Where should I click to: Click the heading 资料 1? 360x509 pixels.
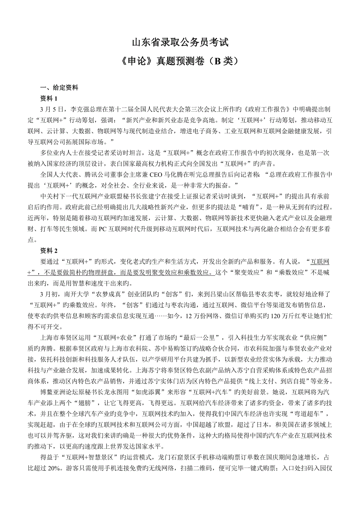pyautogui.click(x=49, y=98)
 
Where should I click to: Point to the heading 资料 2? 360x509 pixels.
pyautogui.click(x=49, y=250)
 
